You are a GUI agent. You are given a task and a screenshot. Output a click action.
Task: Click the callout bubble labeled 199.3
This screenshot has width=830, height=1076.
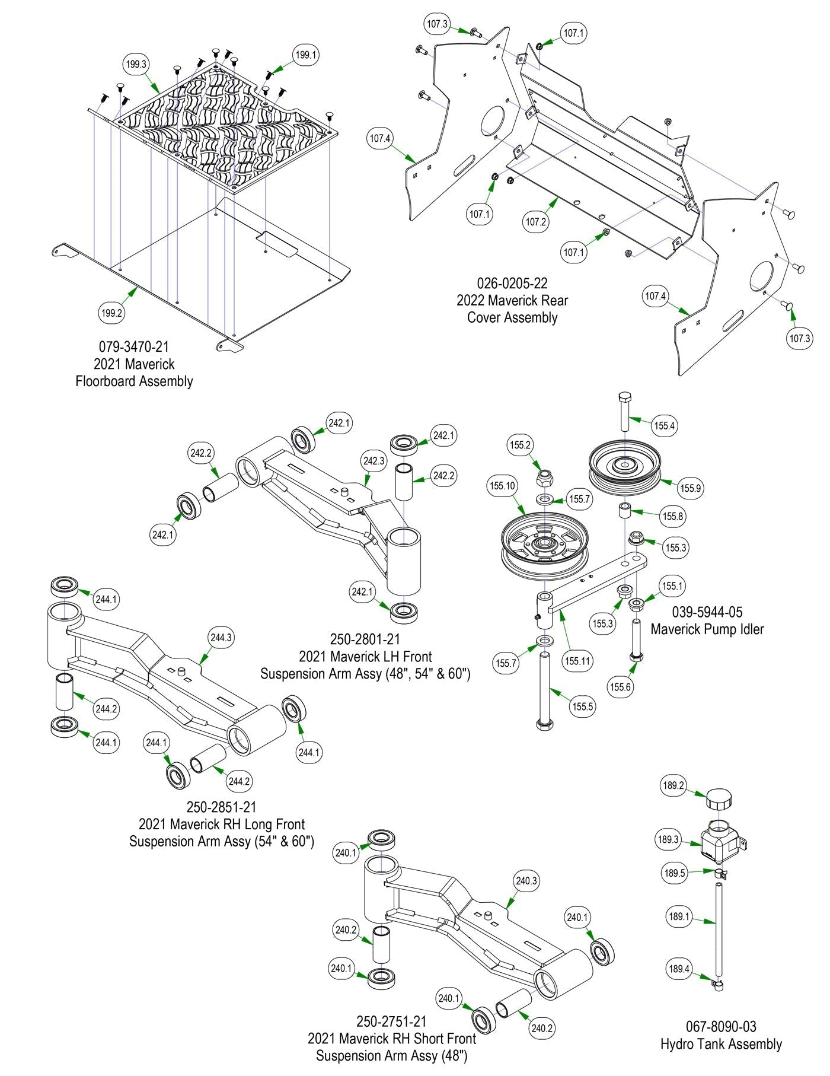136,64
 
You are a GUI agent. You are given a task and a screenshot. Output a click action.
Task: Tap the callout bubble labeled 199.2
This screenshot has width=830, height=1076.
111,313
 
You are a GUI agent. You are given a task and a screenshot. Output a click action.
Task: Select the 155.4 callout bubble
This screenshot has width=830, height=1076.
664,425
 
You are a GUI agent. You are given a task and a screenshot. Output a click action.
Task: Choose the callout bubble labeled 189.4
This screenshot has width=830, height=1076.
679,969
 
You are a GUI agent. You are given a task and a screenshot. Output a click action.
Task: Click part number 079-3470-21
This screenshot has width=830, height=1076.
134,346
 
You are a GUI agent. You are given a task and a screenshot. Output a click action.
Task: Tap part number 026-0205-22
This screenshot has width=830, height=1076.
512,283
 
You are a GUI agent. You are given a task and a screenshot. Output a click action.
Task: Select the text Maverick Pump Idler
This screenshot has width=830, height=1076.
707,629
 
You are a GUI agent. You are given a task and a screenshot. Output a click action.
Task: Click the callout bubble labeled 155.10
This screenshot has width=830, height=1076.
502,486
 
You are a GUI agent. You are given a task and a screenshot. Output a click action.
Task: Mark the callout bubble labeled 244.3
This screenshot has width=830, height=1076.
221,638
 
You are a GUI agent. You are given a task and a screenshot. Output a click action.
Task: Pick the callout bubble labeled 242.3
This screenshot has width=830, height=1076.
373,461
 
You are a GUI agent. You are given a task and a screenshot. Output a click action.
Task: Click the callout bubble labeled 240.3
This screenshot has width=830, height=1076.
526,881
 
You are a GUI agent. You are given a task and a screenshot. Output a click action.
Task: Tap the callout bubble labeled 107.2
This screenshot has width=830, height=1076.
536,221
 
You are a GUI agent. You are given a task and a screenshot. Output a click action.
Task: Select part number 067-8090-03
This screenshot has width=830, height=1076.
721,1026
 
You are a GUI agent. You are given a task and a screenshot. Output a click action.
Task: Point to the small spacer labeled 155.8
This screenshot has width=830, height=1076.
625,511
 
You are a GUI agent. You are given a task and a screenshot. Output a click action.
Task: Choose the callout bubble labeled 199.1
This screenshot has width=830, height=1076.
306,55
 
